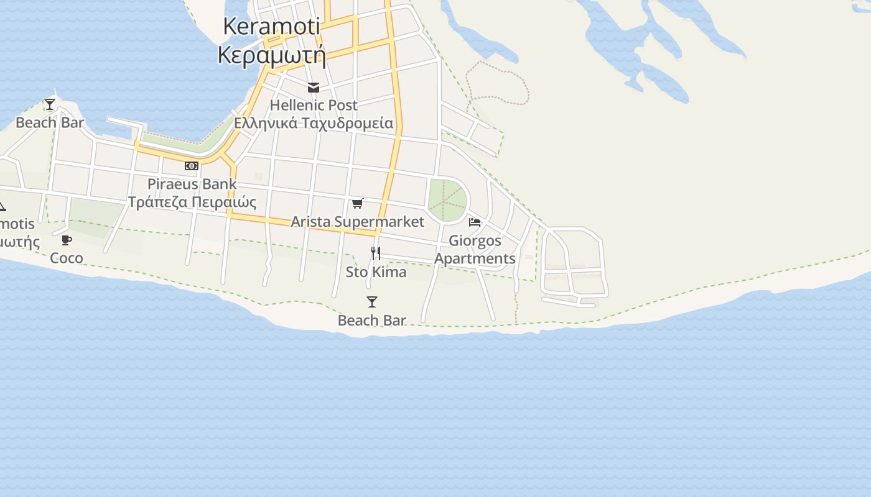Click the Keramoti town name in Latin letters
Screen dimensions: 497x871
(x=271, y=26)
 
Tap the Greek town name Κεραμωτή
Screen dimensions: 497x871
(x=272, y=55)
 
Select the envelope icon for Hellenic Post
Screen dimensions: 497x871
(x=314, y=88)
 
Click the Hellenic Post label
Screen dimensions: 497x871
(x=314, y=105)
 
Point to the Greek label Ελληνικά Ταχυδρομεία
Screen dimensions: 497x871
(x=314, y=123)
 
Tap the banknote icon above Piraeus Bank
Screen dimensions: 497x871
(x=192, y=166)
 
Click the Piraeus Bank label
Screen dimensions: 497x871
(x=192, y=184)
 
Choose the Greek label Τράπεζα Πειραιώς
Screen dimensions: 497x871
(x=192, y=203)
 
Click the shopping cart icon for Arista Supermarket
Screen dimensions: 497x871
(x=358, y=203)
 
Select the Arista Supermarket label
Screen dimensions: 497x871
(x=358, y=222)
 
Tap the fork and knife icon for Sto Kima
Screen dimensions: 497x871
(x=376, y=253)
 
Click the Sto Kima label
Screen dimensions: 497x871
(x=376, y=272)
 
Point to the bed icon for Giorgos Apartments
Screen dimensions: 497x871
(x=475, y=222)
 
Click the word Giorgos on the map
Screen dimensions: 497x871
(x=475, y=240)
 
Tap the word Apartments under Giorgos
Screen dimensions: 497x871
(x=475, y=258)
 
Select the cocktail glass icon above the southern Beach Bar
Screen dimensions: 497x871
(x=372, y=302)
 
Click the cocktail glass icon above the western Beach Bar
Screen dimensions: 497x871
(x=50, y=104)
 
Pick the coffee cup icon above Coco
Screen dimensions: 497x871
(x=67, y=240)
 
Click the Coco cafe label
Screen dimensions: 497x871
(x=67, y=258)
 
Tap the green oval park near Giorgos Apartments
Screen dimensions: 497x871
(x=447, y=199)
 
